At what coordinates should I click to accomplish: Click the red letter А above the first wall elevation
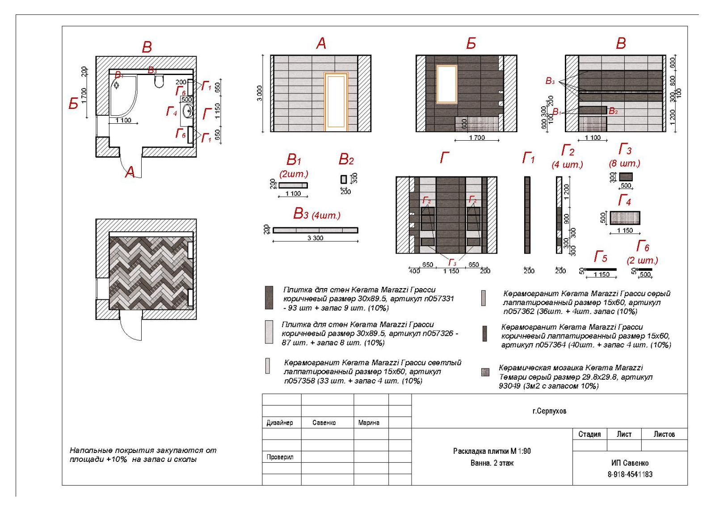click(321, 43)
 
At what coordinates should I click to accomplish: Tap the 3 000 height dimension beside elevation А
click(260, 93)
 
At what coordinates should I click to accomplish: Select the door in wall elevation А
click(336, 102)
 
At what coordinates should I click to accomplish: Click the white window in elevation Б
click(446, 84)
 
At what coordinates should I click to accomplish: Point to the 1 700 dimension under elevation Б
click(477, 138)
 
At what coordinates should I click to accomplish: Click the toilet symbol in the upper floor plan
click(159, 81)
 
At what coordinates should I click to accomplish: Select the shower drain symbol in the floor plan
click(117, 85)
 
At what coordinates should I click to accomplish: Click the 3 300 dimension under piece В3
click(315, 238)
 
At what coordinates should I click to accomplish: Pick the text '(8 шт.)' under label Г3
click(624, 163)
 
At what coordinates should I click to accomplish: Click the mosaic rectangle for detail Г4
click(625, 218)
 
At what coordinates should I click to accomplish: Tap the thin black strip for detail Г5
click(601, 269)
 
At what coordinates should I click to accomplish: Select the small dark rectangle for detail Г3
click(626, 177)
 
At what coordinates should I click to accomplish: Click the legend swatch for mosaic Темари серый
click(485, 372)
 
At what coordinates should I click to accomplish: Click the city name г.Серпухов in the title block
click(549, 411)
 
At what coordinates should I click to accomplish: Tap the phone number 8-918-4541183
click(630, 474)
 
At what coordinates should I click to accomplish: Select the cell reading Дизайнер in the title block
click(280, 423)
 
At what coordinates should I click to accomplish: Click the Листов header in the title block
click(664, 434)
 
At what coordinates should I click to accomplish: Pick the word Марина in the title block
click(369, 423)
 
